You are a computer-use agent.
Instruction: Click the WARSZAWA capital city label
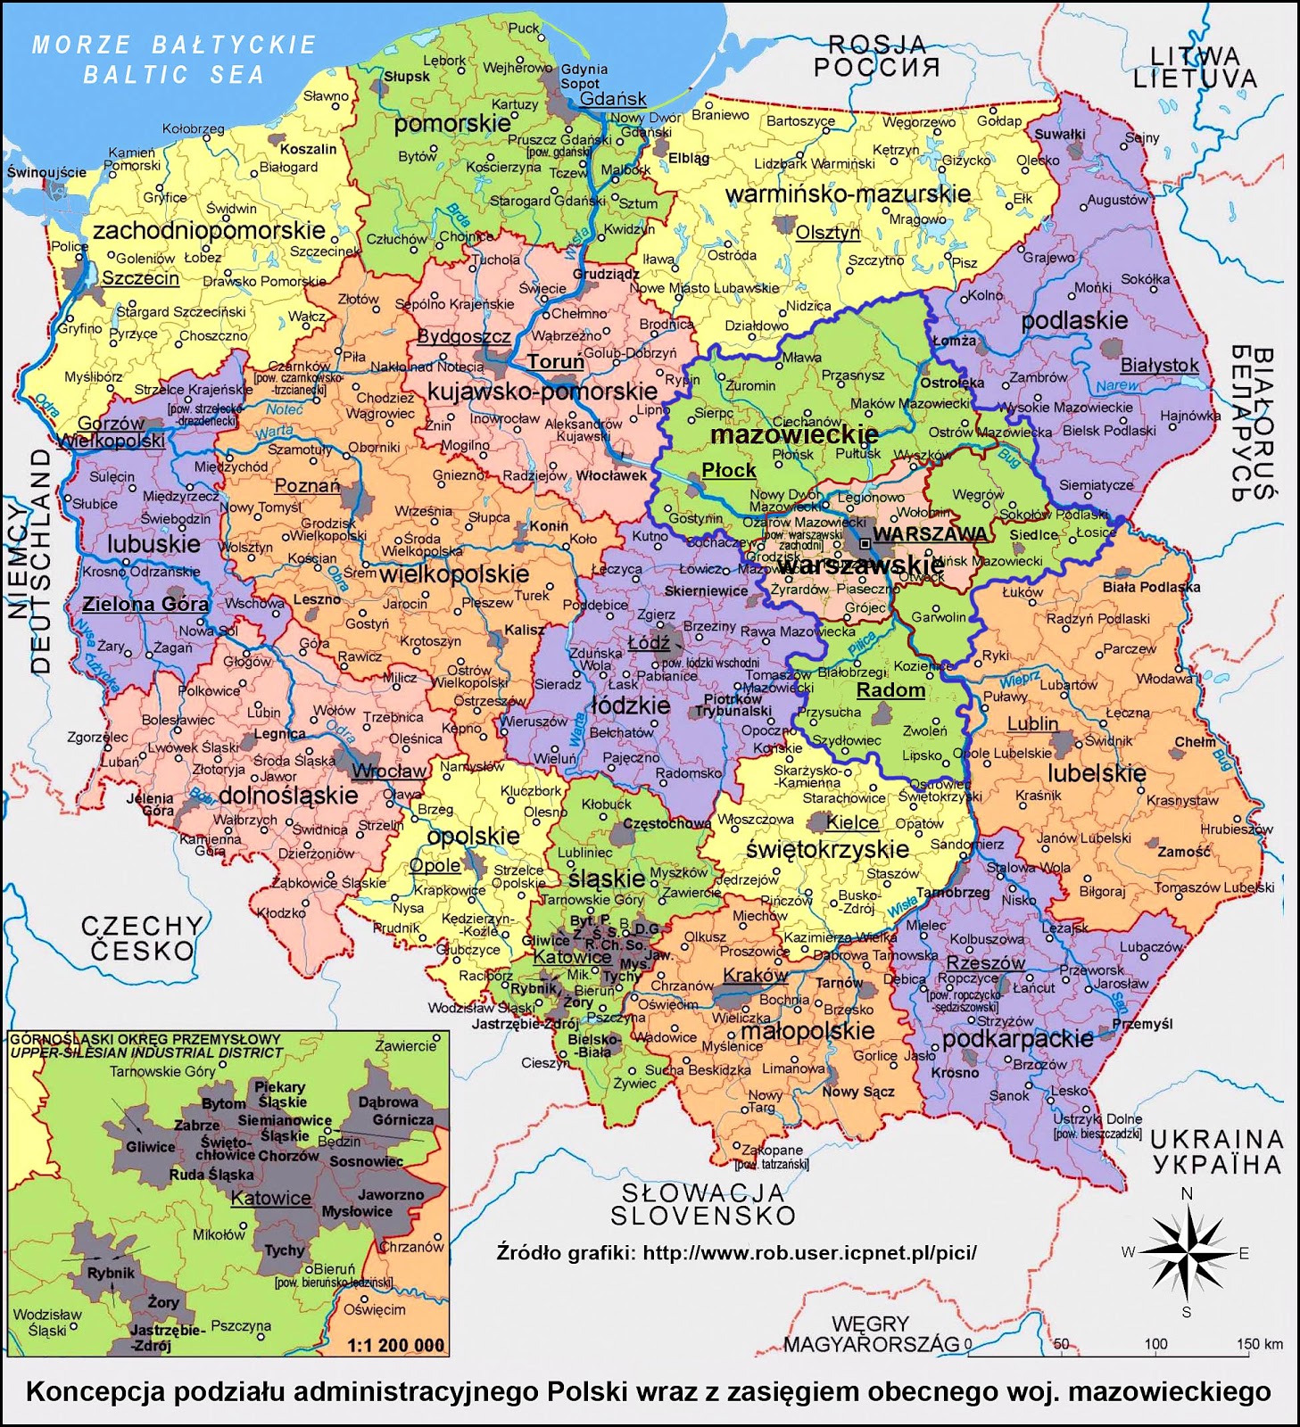point(930,534)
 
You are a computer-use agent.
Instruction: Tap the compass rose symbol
point(1186,1253)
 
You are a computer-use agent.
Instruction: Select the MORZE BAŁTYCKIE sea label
point(175,45)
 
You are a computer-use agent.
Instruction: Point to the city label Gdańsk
point(612,99)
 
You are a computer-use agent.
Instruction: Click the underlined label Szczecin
point(140,278)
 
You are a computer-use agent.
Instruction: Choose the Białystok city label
point(1159,365)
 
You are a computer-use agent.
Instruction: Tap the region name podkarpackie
point(1017,1039)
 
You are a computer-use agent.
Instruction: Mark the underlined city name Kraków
point(755,975)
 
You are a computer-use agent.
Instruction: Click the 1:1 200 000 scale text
point(395,1345)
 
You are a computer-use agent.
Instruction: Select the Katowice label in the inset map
point(270,1199)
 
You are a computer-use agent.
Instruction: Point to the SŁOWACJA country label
point(703,1192)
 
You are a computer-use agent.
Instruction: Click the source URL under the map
point(808,1252)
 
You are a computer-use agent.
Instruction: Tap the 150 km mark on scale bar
point(1259,1344)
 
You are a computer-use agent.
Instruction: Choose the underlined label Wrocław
point(389,771)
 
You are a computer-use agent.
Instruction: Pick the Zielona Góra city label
point(145,604)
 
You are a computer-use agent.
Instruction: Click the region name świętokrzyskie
point(826,849)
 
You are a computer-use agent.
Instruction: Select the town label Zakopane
point(773,1151)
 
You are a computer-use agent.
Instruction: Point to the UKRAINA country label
point(1216,1140)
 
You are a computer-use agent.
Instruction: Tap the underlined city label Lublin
point(1032,723)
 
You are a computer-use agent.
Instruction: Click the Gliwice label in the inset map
point(150,1147)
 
